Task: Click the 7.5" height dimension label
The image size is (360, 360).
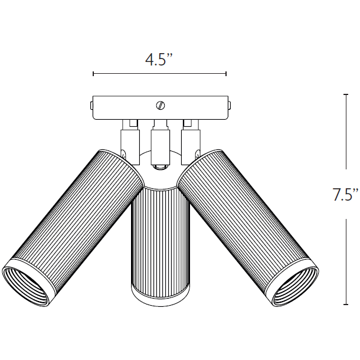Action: [x=345, y=195]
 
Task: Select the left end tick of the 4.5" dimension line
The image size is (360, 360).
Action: [x=93, y=74]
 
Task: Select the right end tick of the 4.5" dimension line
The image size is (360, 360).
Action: [x=226, y=74]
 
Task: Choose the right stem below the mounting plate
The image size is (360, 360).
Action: [x=190, y=139]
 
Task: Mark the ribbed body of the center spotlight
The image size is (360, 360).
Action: [x=159, y=236]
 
